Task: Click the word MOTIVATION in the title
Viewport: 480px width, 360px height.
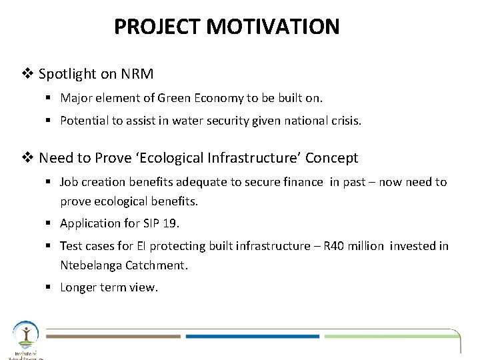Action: (273, 27)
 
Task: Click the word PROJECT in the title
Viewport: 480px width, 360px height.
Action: (159, 27)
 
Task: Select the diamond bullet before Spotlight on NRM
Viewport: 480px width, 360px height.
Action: (30, 74)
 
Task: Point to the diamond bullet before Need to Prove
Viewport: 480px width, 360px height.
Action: (30, 158)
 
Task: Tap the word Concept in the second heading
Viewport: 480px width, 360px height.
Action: (332, 158)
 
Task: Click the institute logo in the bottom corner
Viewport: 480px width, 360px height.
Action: (25, 339)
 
